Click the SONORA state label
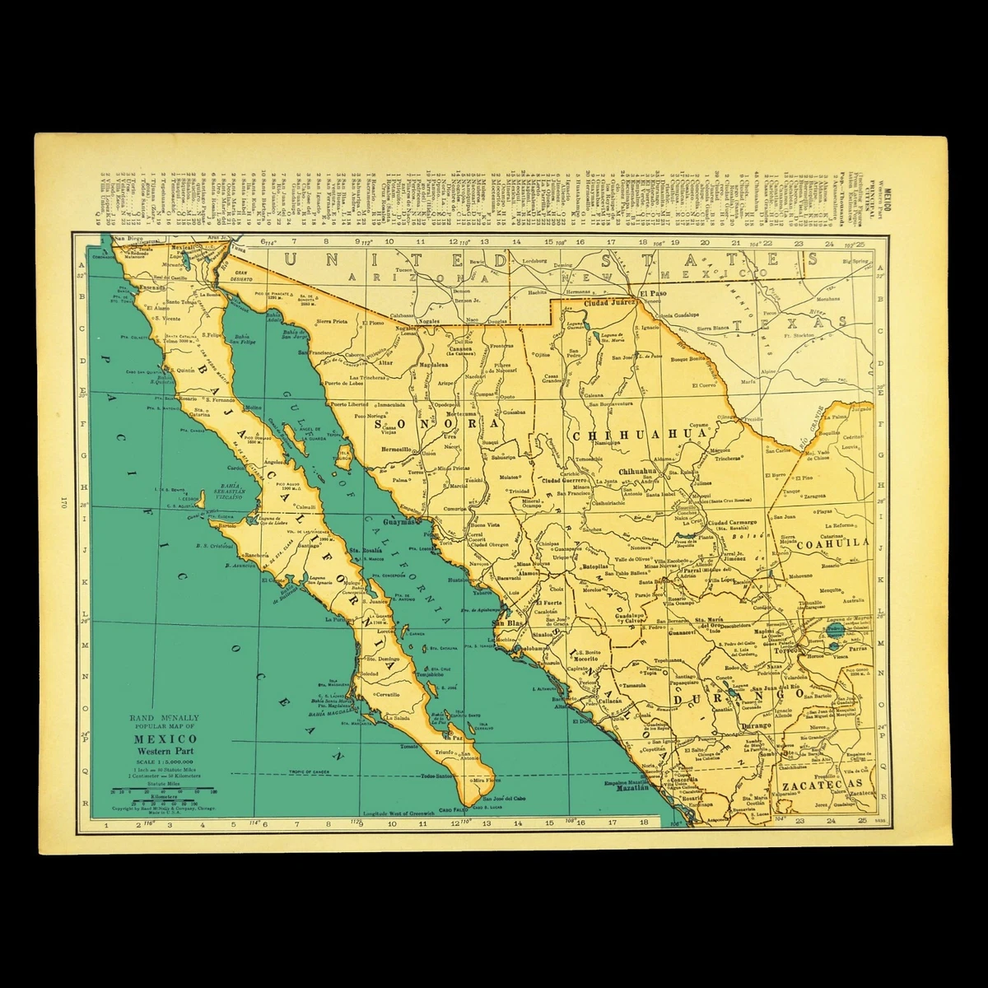coord(439,425)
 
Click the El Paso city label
coord(655,292)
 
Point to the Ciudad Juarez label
coord(609,302)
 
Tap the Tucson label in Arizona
coord(404,269)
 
